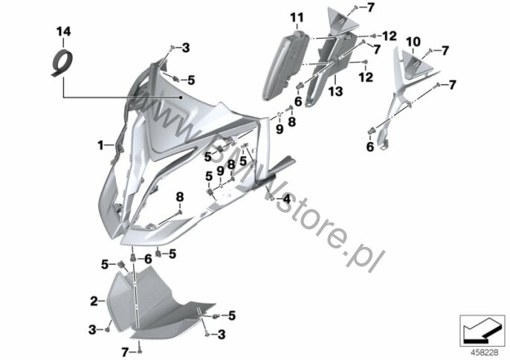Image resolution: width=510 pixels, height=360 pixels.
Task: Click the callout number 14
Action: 63,32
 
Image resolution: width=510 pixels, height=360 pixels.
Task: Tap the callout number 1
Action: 101,145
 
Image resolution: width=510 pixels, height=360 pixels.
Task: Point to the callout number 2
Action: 94,301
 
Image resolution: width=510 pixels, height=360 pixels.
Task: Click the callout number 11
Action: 297,17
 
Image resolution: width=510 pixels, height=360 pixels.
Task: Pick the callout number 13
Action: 335,91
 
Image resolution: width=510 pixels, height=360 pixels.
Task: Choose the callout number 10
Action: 413,42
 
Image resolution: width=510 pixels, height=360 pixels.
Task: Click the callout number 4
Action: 286,199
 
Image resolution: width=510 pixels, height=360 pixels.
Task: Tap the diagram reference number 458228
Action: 485,353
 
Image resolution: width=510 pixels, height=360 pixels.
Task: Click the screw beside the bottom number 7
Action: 140,351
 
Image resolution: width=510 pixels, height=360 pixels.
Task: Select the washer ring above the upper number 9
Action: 280,115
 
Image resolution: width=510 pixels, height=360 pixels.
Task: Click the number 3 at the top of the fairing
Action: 186,48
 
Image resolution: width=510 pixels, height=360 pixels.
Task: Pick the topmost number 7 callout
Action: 371,7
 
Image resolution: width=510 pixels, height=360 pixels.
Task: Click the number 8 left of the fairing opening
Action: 180,197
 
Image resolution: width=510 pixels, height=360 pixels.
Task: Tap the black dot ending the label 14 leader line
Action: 181,97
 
